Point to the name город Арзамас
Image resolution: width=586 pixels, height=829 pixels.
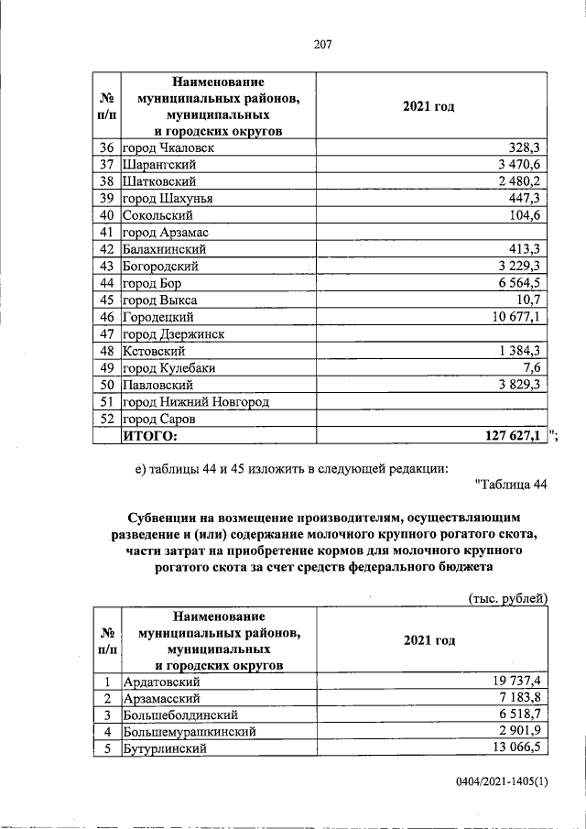point(167,232)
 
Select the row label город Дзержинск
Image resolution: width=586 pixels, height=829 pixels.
point(173,334)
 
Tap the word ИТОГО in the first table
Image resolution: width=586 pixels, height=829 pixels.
point(150,437)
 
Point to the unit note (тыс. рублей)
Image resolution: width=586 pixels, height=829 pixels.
point(507,598)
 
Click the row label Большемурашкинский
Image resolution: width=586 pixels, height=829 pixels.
point(189,732)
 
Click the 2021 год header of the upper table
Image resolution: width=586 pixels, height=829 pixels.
point(429,106)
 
